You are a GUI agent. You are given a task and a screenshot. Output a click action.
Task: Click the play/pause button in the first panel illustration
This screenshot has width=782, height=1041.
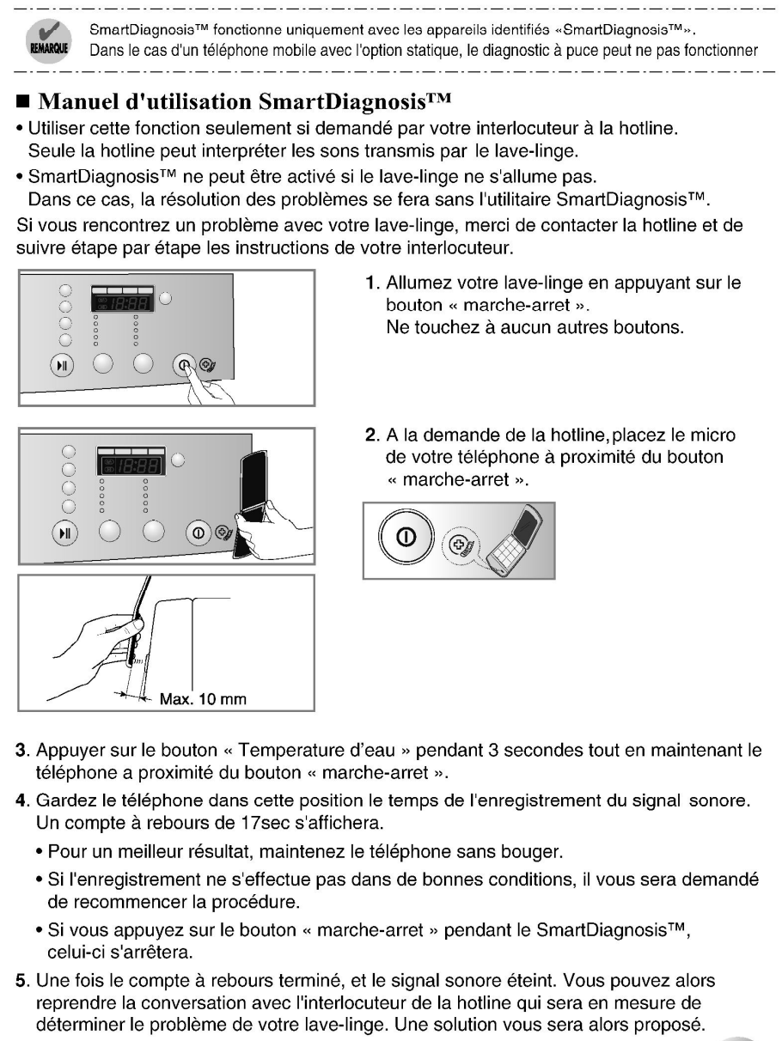[60, 364]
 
